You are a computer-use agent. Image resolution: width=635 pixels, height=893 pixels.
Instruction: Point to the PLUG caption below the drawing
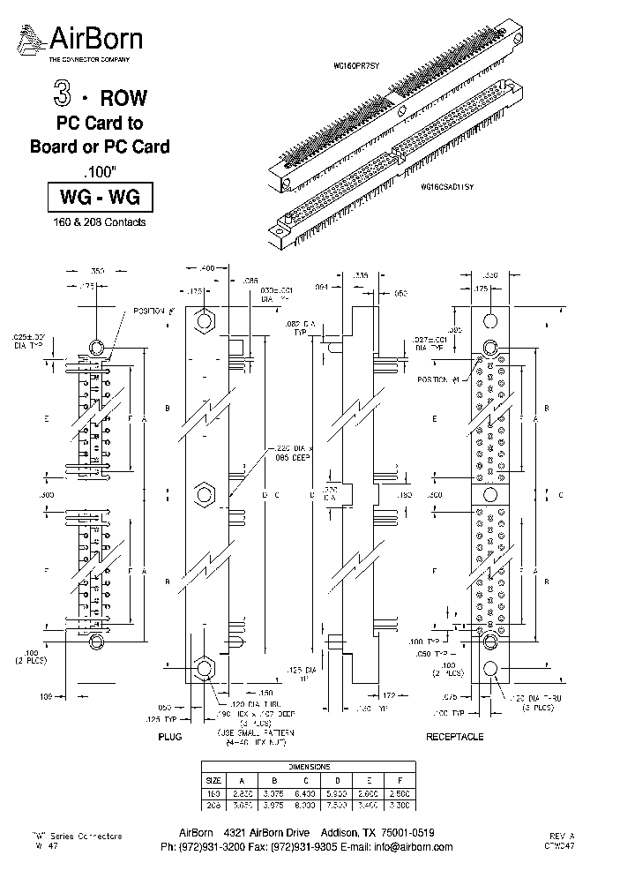click(x=169, y=735)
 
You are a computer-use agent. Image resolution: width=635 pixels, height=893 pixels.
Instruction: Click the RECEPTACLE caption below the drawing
click(x=455, y=735)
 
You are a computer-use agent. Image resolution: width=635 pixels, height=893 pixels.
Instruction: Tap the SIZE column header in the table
click(x=213, y=780)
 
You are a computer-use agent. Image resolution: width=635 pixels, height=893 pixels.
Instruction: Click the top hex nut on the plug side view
click(x=205, y=319)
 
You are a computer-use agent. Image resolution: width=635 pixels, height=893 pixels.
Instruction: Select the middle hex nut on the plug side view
click(x=205, y=491)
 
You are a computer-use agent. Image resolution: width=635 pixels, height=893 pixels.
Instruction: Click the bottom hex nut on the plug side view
click(x=205, y=668)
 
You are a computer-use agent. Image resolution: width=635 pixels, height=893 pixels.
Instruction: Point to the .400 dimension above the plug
click(x=206, y=266)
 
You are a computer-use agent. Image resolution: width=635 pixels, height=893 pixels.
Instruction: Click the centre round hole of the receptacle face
click(x=491, y=495)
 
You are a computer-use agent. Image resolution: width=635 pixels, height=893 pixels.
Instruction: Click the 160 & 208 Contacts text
click(x=99, y=222)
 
